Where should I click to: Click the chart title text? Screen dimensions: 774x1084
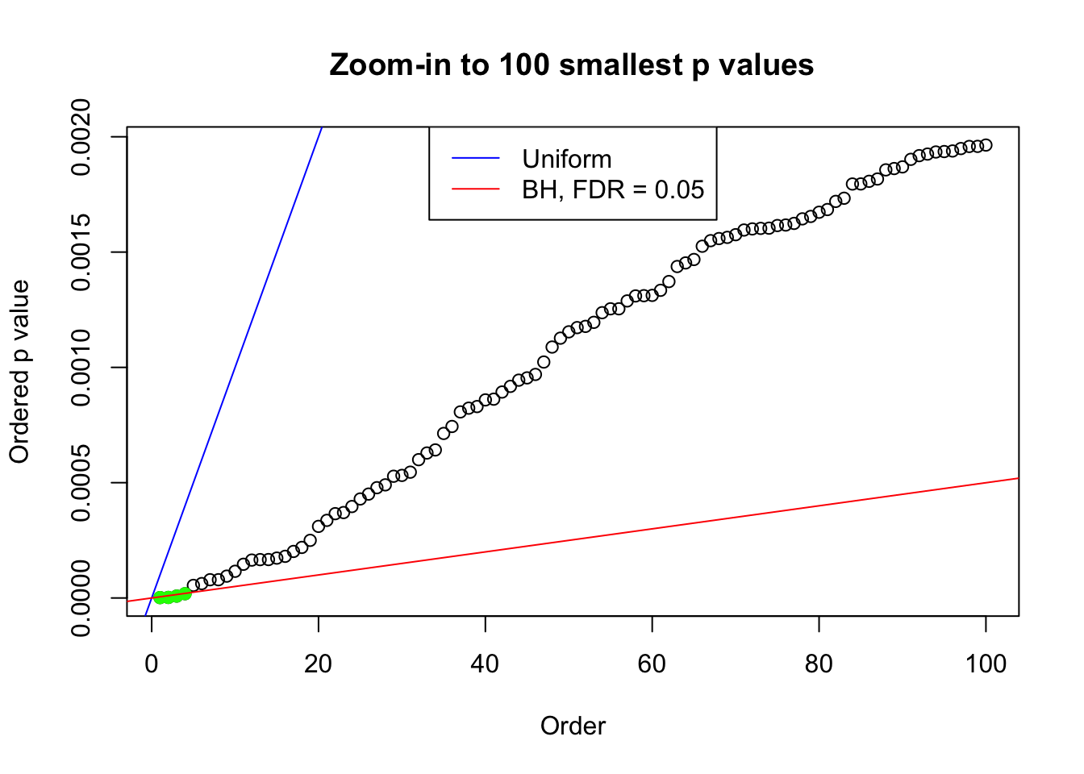(571, 64)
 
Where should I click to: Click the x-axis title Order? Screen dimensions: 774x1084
(573, 726)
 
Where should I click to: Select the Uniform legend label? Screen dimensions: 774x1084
(566, 159)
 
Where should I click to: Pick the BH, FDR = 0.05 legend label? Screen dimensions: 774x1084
(613, 189)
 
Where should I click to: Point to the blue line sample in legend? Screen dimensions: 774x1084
(476, 159)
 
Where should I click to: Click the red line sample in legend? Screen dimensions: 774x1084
(476, 189)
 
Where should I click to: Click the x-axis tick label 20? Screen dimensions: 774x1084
(319, 664)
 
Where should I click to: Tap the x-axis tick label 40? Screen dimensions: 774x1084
(486, 664)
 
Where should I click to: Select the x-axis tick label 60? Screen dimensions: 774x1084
(652, 664)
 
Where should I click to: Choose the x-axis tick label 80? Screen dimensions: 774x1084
(819, 664)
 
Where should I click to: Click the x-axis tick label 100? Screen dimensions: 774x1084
(986, 664)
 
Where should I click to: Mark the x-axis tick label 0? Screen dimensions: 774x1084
(152, 664)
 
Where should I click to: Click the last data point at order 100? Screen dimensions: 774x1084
(986, 145)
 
